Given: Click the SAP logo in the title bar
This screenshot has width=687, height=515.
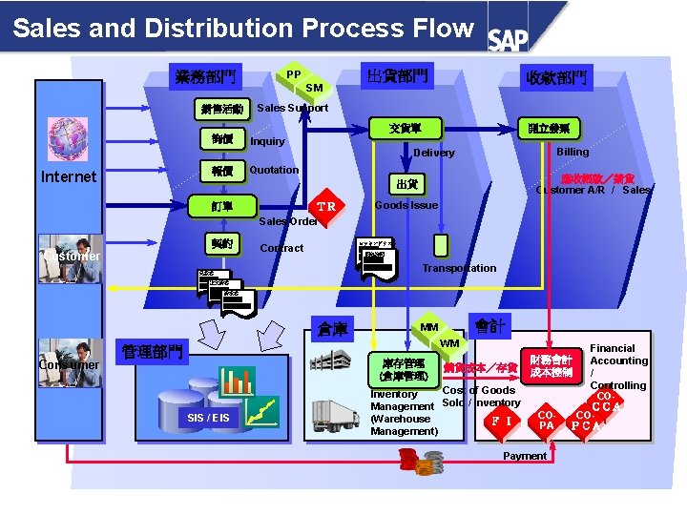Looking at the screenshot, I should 508,38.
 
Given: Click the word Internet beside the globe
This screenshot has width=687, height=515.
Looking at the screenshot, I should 69,176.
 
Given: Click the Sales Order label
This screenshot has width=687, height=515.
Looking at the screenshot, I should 288,221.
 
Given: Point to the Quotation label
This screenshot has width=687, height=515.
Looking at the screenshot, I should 274,170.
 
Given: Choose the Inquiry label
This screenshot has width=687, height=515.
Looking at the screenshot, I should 267,141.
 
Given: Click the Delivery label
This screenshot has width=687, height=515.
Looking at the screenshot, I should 434,153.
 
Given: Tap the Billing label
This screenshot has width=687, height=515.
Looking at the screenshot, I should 572,152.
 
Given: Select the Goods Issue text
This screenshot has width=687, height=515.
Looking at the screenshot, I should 406,205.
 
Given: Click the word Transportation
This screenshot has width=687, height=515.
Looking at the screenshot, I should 459,268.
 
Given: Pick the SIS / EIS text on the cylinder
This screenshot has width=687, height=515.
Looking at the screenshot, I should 207,418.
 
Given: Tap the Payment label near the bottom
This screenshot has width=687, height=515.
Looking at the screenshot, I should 525,456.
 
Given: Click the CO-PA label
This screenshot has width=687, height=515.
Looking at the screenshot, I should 546,421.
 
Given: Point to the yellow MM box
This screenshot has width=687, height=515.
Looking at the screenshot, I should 429,328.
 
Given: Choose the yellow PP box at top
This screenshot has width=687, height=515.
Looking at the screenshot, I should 294,74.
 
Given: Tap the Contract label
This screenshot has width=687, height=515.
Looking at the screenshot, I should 281,248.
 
